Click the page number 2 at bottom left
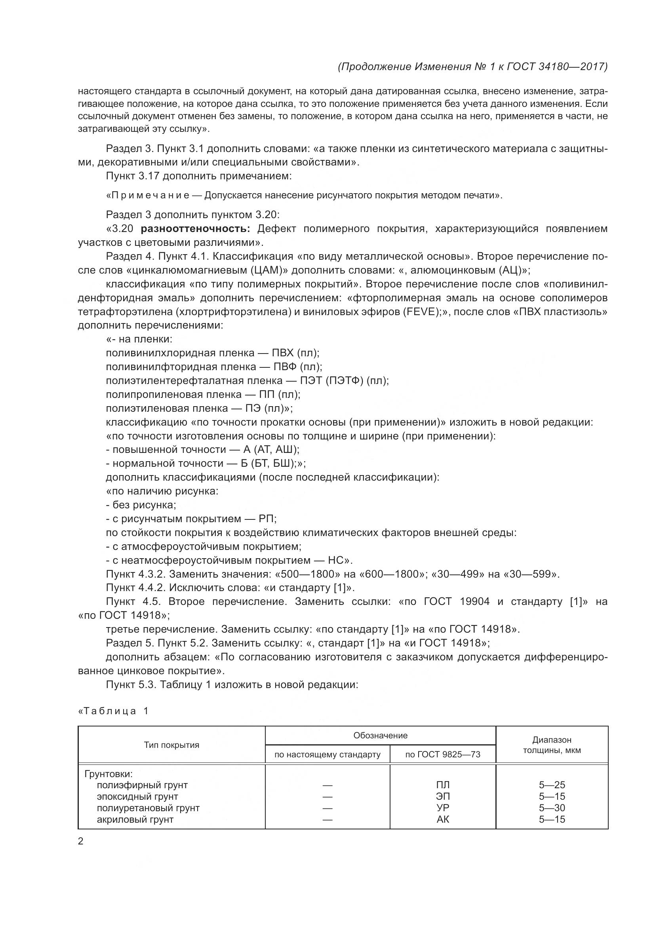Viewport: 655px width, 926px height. pos(81,841)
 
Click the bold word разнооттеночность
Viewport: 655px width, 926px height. pos(196,229)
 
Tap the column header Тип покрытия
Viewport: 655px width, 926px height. pos(171,745)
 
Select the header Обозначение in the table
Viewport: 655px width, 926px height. pos(380,735)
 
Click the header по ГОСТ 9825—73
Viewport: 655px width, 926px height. pos(442,755)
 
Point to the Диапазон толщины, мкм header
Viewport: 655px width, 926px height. pos(552,745)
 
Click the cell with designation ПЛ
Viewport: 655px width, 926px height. pos(443,785)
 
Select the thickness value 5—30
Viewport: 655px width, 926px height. pos(552,808)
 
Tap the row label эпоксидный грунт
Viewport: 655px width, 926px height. pos(137,797)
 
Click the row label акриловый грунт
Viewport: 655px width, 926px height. pos(135,820)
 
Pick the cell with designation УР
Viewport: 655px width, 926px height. pos(443,808)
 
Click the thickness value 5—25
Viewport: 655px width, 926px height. pos(552,785)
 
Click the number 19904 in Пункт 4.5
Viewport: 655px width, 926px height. pos(474,601)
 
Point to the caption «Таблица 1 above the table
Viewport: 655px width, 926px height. pos(114,711)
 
